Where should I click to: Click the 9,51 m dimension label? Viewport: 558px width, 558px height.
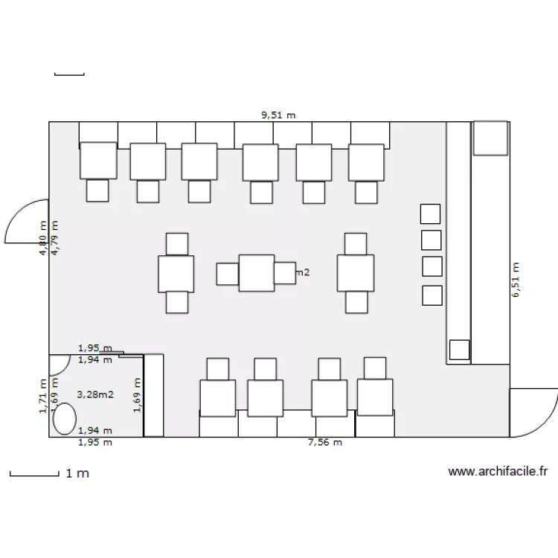(278, 115)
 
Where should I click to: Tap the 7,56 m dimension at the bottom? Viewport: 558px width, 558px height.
(325, 443)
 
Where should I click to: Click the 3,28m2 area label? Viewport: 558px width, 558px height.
(95, 394)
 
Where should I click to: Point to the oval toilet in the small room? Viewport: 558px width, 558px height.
(65, 418)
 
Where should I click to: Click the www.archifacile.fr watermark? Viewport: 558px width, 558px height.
(498, 471)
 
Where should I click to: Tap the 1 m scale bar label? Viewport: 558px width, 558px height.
(77, 473)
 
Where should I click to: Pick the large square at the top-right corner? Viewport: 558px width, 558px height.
(491, 138)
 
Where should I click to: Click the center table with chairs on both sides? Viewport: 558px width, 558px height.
(257, 273)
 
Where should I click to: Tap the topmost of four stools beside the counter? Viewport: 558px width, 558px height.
(431, 214)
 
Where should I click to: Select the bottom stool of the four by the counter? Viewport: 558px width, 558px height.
(432, 295)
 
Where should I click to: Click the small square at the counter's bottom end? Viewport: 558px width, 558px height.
(460, 350)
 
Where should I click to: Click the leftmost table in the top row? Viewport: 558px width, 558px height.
(98, 161)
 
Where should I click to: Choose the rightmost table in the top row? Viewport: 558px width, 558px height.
(366, 162)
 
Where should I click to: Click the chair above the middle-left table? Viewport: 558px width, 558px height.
(177, 244)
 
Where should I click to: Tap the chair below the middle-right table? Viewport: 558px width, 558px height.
(356, 302)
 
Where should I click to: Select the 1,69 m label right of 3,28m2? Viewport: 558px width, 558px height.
(137, 394)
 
